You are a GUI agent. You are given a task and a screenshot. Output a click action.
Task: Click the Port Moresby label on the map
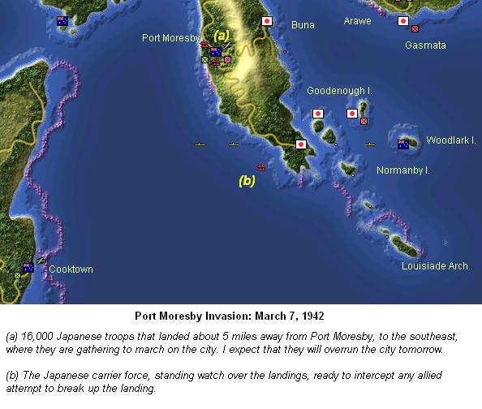click(171, 37)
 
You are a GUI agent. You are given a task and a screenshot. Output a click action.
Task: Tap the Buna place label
click(303, 25)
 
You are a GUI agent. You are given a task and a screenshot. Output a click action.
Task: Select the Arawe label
click(358, 20)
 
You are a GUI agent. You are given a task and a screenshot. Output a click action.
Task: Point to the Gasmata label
click(425, 45)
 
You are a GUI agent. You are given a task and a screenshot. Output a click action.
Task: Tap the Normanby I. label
click(402, 170)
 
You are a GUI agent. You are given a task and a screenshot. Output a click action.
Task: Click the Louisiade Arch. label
click(437, 266)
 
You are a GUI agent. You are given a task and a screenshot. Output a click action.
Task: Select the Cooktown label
click(71, 269)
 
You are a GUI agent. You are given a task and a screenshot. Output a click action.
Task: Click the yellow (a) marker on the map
click(222, 35)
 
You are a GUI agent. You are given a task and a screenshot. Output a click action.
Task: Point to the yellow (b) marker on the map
click(247, 181)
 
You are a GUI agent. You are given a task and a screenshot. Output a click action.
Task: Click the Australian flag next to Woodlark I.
click(403, 144)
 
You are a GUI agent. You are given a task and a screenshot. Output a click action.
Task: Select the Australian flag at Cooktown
click(28, 267)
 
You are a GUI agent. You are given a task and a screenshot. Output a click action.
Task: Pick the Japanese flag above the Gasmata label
click(402, 21)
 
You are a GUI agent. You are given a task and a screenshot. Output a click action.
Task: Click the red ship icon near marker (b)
click(260, 167)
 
